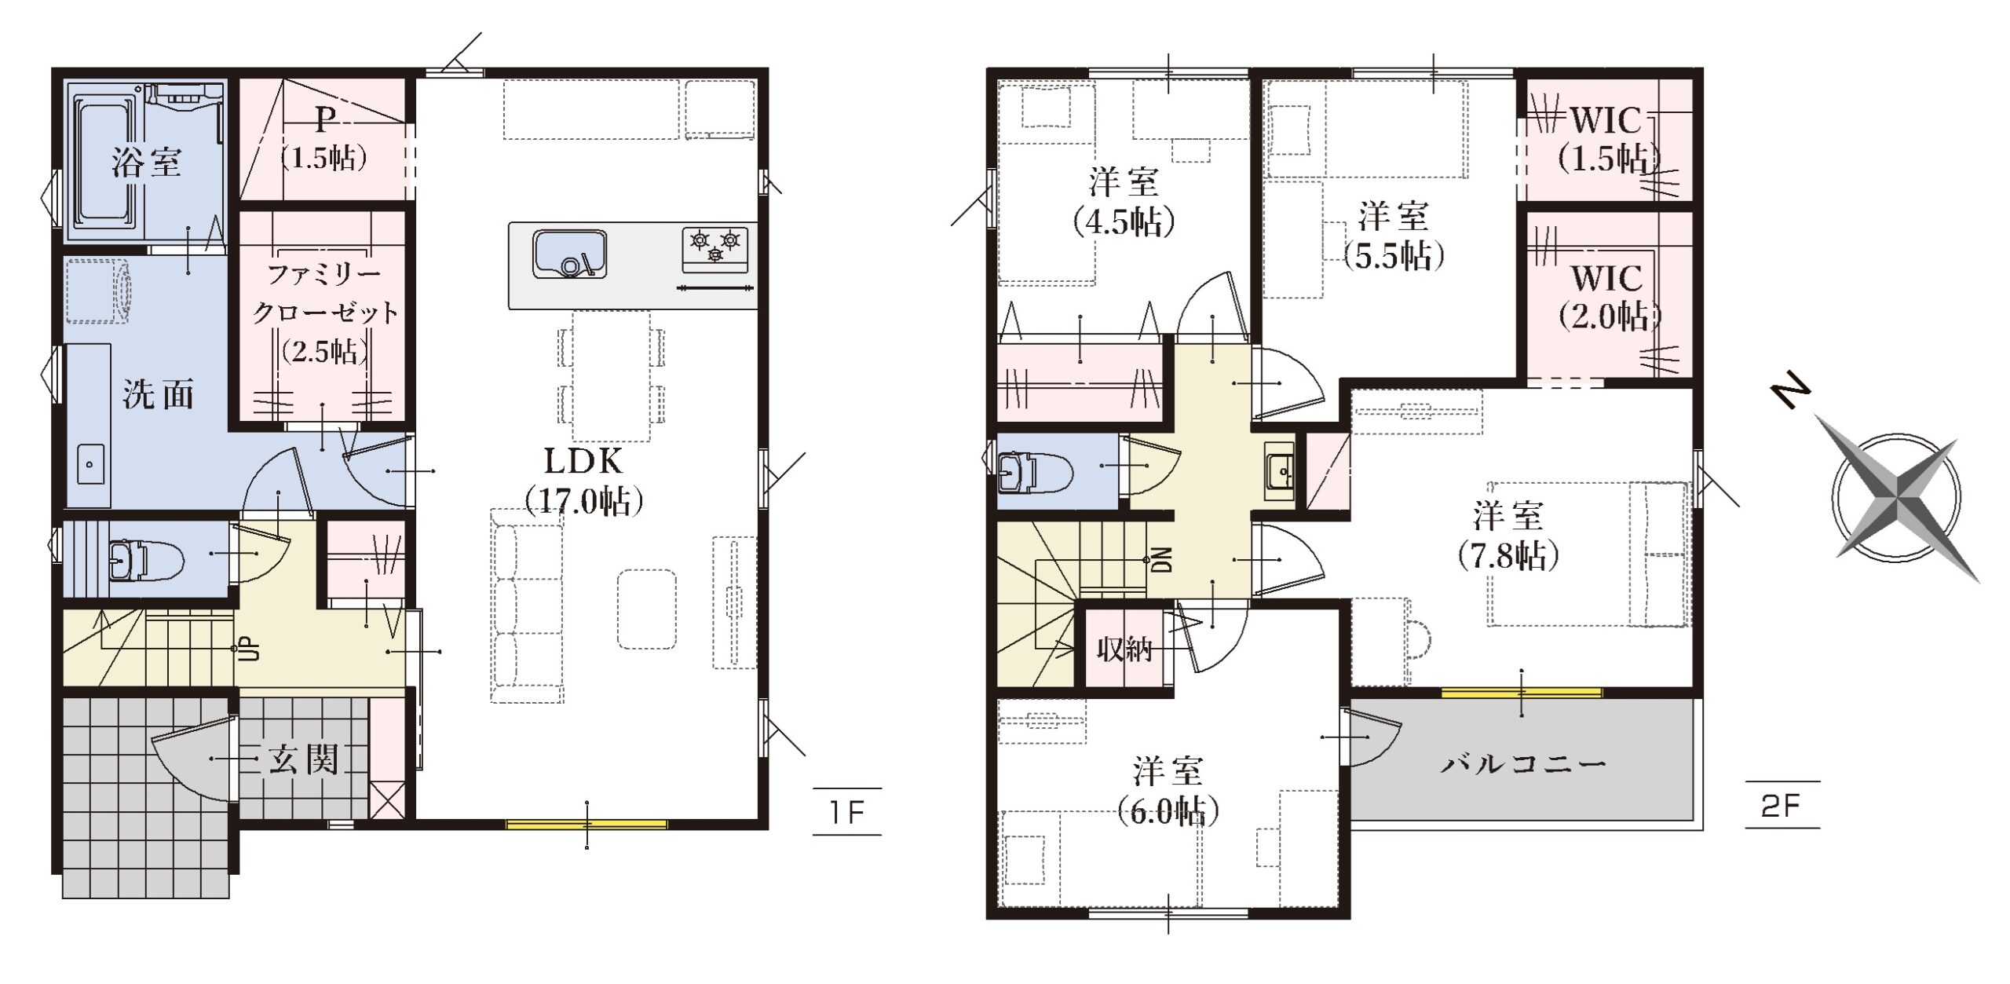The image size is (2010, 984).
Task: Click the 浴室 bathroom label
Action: [x=146, y=163]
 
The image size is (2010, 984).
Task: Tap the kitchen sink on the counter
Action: [x=570, y=254]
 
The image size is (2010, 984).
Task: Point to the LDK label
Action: [x=583, y=462]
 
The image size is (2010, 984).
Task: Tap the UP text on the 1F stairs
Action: [x=249, y=649]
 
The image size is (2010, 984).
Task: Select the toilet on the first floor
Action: [x=145, y=559]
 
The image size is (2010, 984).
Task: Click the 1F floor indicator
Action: [x=847, y=812]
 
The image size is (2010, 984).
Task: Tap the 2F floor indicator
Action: [x=1781, y=806]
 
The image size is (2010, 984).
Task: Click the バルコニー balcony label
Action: [x=1523, y=763]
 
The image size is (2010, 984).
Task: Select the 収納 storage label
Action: [x=1124, y=649]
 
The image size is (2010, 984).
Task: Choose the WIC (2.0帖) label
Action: [x=1608, y=298]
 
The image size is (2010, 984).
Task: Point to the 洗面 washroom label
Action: [x=158, y=393]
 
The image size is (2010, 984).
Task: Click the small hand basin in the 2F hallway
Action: [x=1280, y=471]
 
